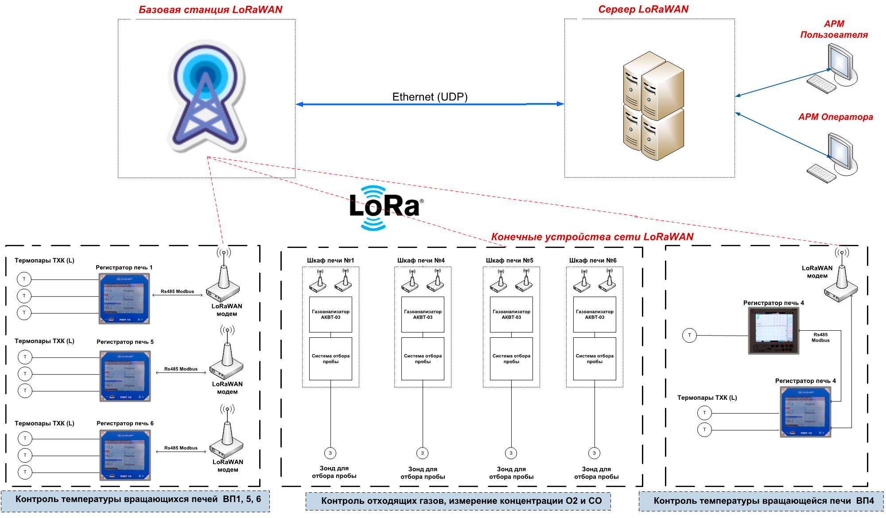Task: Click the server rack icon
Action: (653, 106)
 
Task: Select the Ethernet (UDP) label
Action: (430, 97)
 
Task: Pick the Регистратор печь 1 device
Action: (124, 298)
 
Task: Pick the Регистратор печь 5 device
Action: (125, 376)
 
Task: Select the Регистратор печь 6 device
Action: (125, 455)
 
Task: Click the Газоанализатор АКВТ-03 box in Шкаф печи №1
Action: (330, 314)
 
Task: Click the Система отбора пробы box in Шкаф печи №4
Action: (423, 359)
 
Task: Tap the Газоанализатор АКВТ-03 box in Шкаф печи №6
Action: (595, 314)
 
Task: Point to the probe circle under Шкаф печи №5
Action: (511, 453)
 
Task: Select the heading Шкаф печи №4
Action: (421, 260)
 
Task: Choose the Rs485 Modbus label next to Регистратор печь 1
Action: (177, 291)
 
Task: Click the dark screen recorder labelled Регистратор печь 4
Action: (773, 331)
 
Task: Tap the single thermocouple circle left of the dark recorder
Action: (689, 335)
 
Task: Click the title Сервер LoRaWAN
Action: (643, 9)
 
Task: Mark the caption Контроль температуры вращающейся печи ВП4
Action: (764, 501)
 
